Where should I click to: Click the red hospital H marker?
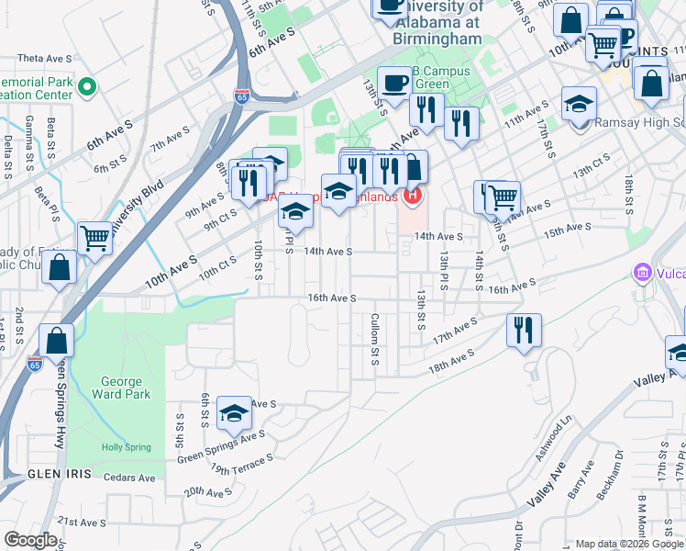click(414, 195)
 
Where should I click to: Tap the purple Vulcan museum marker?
click(643, 273)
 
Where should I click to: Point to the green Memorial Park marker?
click(87, 88)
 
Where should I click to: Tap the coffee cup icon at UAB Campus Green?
click(395, 84)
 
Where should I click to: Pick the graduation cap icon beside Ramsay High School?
click(579, 104)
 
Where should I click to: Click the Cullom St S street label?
click(374, 338)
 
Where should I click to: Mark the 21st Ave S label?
click(82, 522)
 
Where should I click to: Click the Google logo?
click(30, 540)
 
